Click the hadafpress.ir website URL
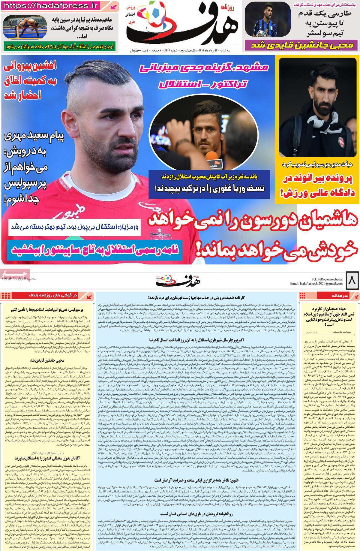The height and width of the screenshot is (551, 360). (51, 5)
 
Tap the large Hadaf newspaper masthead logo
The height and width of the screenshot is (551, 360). (180, 26)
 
